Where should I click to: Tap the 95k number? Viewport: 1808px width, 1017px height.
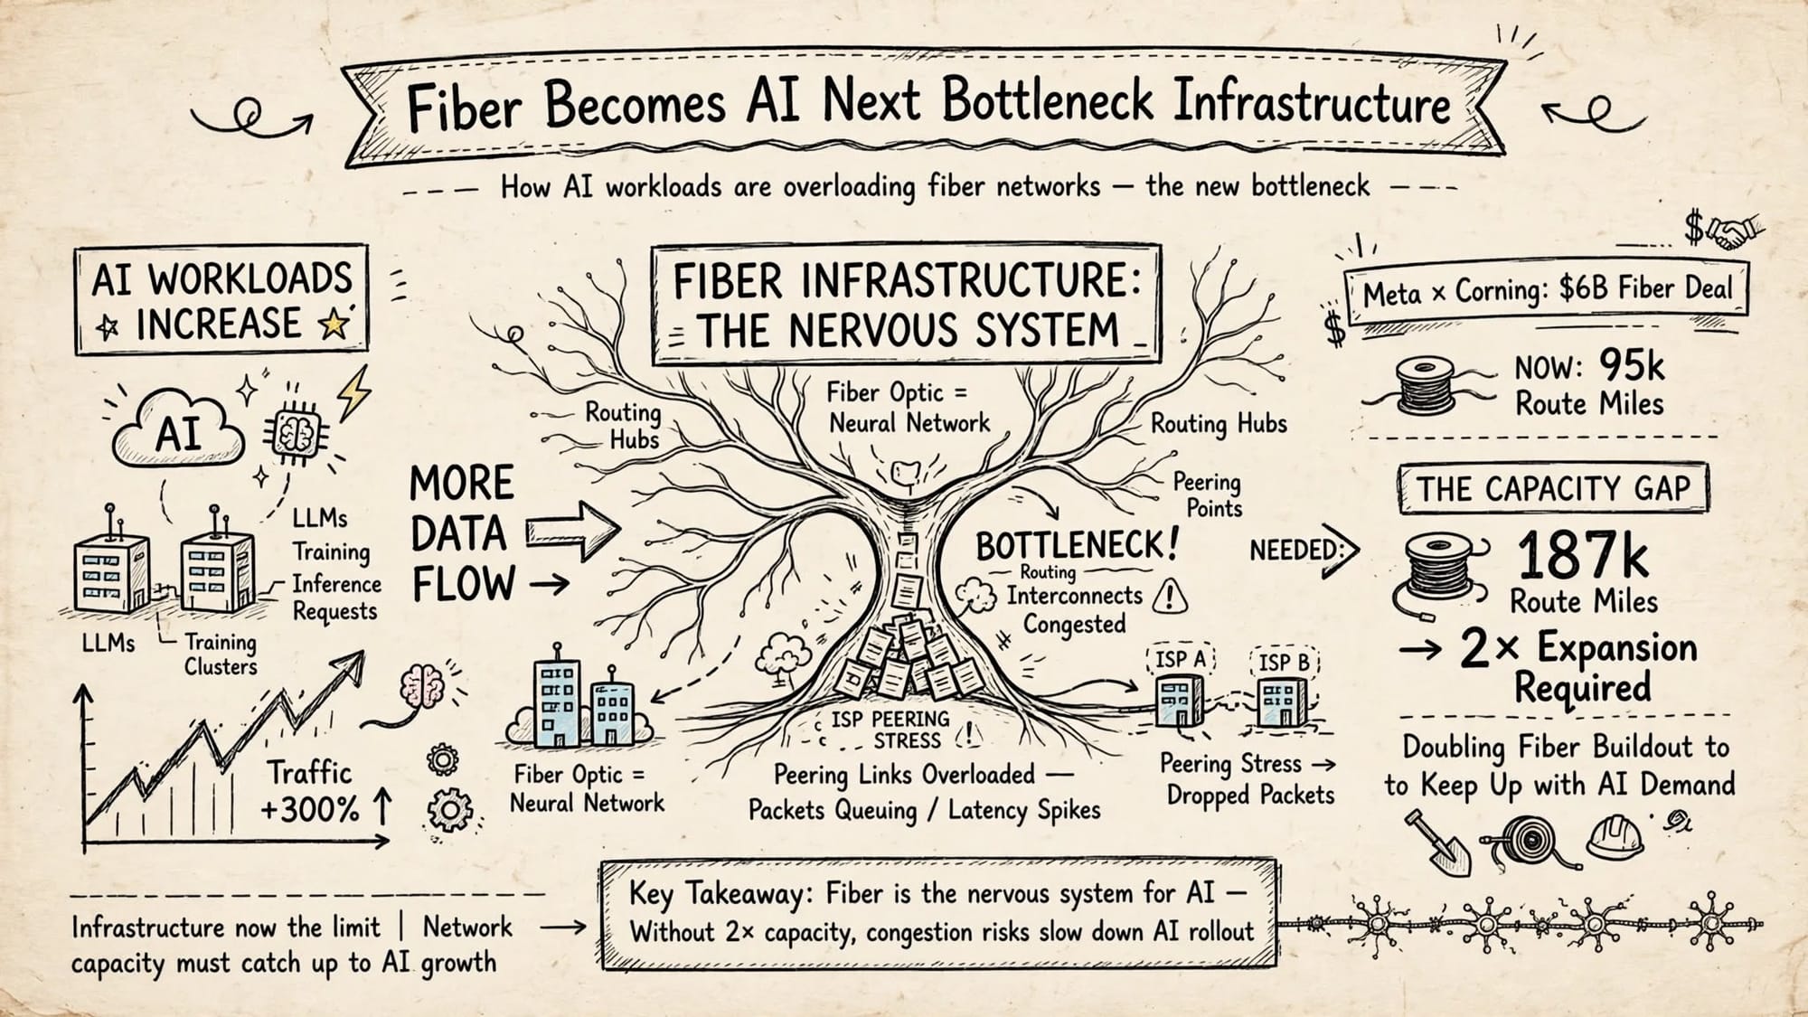[1631, 365]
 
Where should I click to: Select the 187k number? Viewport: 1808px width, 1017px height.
[1582, 554]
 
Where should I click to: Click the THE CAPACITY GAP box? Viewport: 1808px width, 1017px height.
[1552, 489]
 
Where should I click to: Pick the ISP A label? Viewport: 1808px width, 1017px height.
[1181, 659]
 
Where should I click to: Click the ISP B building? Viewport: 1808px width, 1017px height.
[1282, 702]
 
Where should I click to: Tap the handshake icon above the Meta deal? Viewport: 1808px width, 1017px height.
[1736, 231]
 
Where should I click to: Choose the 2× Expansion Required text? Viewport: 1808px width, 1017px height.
[1578, 666]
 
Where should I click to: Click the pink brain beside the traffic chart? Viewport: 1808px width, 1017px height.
[423, 684]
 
